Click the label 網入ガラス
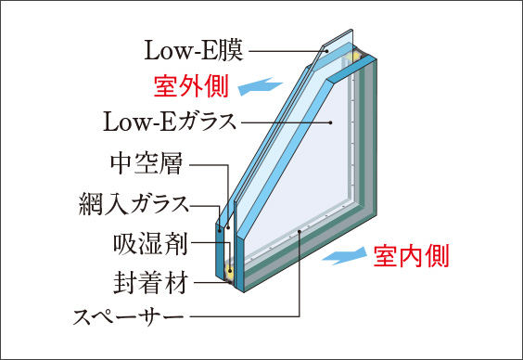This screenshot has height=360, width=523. pyautogui.click(x=134, y=203)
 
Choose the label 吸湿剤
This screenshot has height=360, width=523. pyautogui.click(x=151, y=244)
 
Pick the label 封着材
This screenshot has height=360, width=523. pyautogui.click(x=151, y=281)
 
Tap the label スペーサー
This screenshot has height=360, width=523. pyautogui.click(x=131, y=318)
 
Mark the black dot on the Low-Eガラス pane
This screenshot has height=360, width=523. pyautogui.click(x=330, y=122)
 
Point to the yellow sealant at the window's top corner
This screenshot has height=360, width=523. pyautogui.click(x=353, y=58)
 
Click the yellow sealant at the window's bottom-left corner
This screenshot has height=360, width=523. pyautogui.click(x=227, y=274)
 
